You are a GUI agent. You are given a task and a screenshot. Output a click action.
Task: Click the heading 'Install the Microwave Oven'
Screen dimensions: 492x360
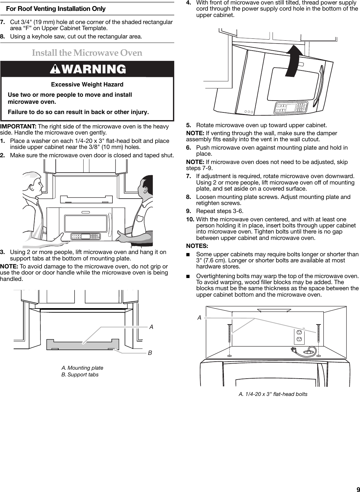(87, 53)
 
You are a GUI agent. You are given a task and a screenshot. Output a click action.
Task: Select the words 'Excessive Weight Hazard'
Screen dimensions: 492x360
(87, 85)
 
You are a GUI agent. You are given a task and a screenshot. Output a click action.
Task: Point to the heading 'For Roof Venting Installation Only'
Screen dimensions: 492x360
(56, 9)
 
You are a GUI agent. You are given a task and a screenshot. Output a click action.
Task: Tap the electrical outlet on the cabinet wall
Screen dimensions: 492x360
(299, 336)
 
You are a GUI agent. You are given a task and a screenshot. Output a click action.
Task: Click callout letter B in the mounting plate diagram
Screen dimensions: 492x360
(150, 353)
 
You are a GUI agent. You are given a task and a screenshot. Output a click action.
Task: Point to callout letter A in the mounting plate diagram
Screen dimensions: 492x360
(151, 327)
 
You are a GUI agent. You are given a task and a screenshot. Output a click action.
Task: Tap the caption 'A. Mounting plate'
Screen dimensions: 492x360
(82, 368)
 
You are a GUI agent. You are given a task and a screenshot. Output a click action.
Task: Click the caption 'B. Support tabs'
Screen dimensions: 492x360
(80, 374)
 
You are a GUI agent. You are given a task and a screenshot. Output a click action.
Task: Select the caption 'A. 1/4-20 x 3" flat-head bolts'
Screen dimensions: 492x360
(273, 394)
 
